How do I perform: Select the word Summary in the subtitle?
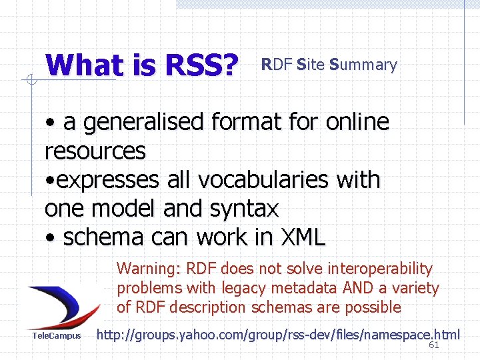(363, 65)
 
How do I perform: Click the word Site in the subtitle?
(310, 65)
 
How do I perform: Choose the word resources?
(95, 151)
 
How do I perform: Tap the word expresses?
(111, 180)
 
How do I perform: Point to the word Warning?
(149, 269)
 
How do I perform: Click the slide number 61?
(433, 345)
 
